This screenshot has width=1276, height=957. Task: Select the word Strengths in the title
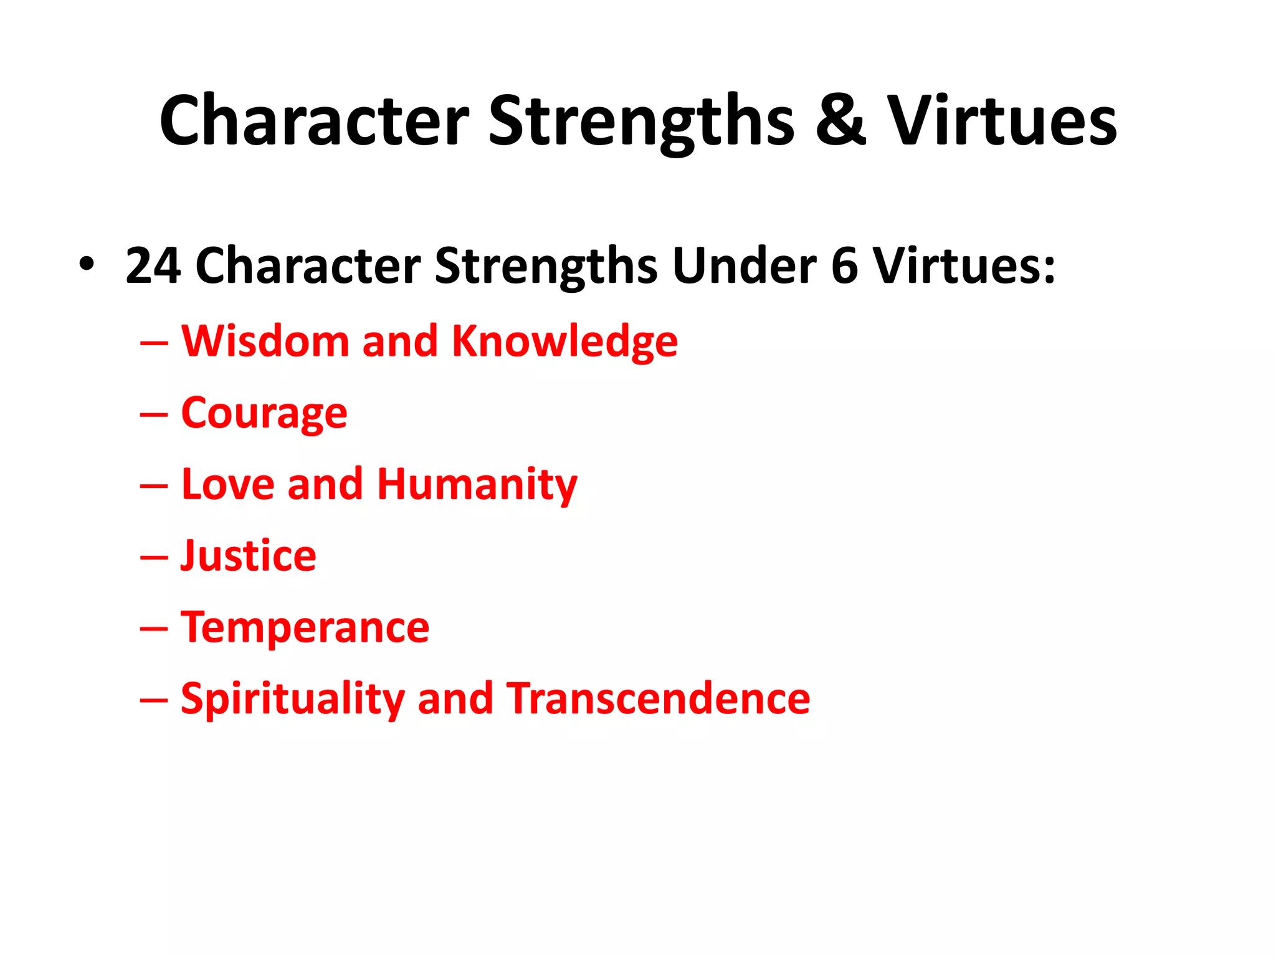(x=641, y=121)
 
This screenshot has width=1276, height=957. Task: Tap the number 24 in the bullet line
(x=153, y=266)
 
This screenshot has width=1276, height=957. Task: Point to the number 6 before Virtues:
(x=844, y=266)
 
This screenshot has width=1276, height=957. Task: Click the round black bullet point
(x=87, y=264)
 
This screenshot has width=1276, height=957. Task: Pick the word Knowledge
(x=564, y=343)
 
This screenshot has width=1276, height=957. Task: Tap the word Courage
(x=264, y=414)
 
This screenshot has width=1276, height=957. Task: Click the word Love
(x=227, y=484)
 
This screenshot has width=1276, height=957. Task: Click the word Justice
(x=249, y=556)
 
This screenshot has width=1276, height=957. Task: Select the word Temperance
(x=305, y=628)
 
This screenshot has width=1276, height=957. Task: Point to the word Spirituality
(x=293, y=700)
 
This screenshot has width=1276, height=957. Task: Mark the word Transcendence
(x=658, y=698)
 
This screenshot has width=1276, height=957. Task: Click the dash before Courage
(x=154, y=415)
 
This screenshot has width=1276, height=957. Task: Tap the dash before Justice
(x=154, y=558)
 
